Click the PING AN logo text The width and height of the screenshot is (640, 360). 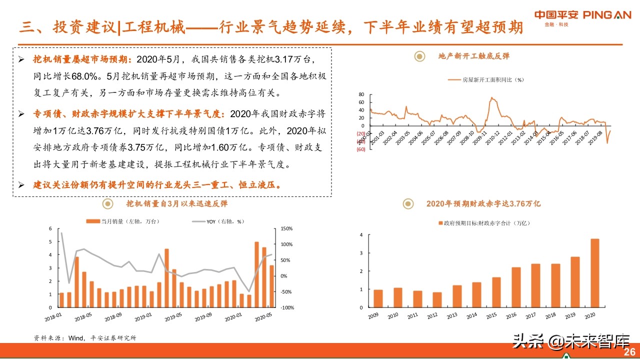coord(606,15)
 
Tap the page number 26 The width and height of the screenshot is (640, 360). coord(629,352)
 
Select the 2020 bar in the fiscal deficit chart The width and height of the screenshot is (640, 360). coord(594,273)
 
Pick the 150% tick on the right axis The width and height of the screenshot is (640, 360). coord(286,228)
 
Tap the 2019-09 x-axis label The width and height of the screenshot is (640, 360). coord(204,317)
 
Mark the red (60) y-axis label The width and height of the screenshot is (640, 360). coord(360,149)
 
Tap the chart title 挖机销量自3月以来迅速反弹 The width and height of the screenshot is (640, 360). coord(177,203)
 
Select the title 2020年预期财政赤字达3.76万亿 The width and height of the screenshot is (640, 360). coord(483,203)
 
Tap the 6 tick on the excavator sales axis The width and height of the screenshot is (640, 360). coord(50,228)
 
